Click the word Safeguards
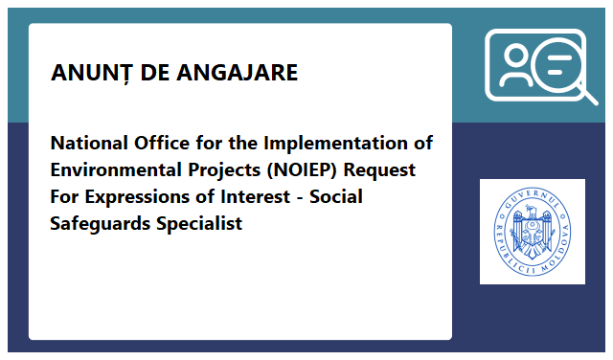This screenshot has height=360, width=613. point(97,224)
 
